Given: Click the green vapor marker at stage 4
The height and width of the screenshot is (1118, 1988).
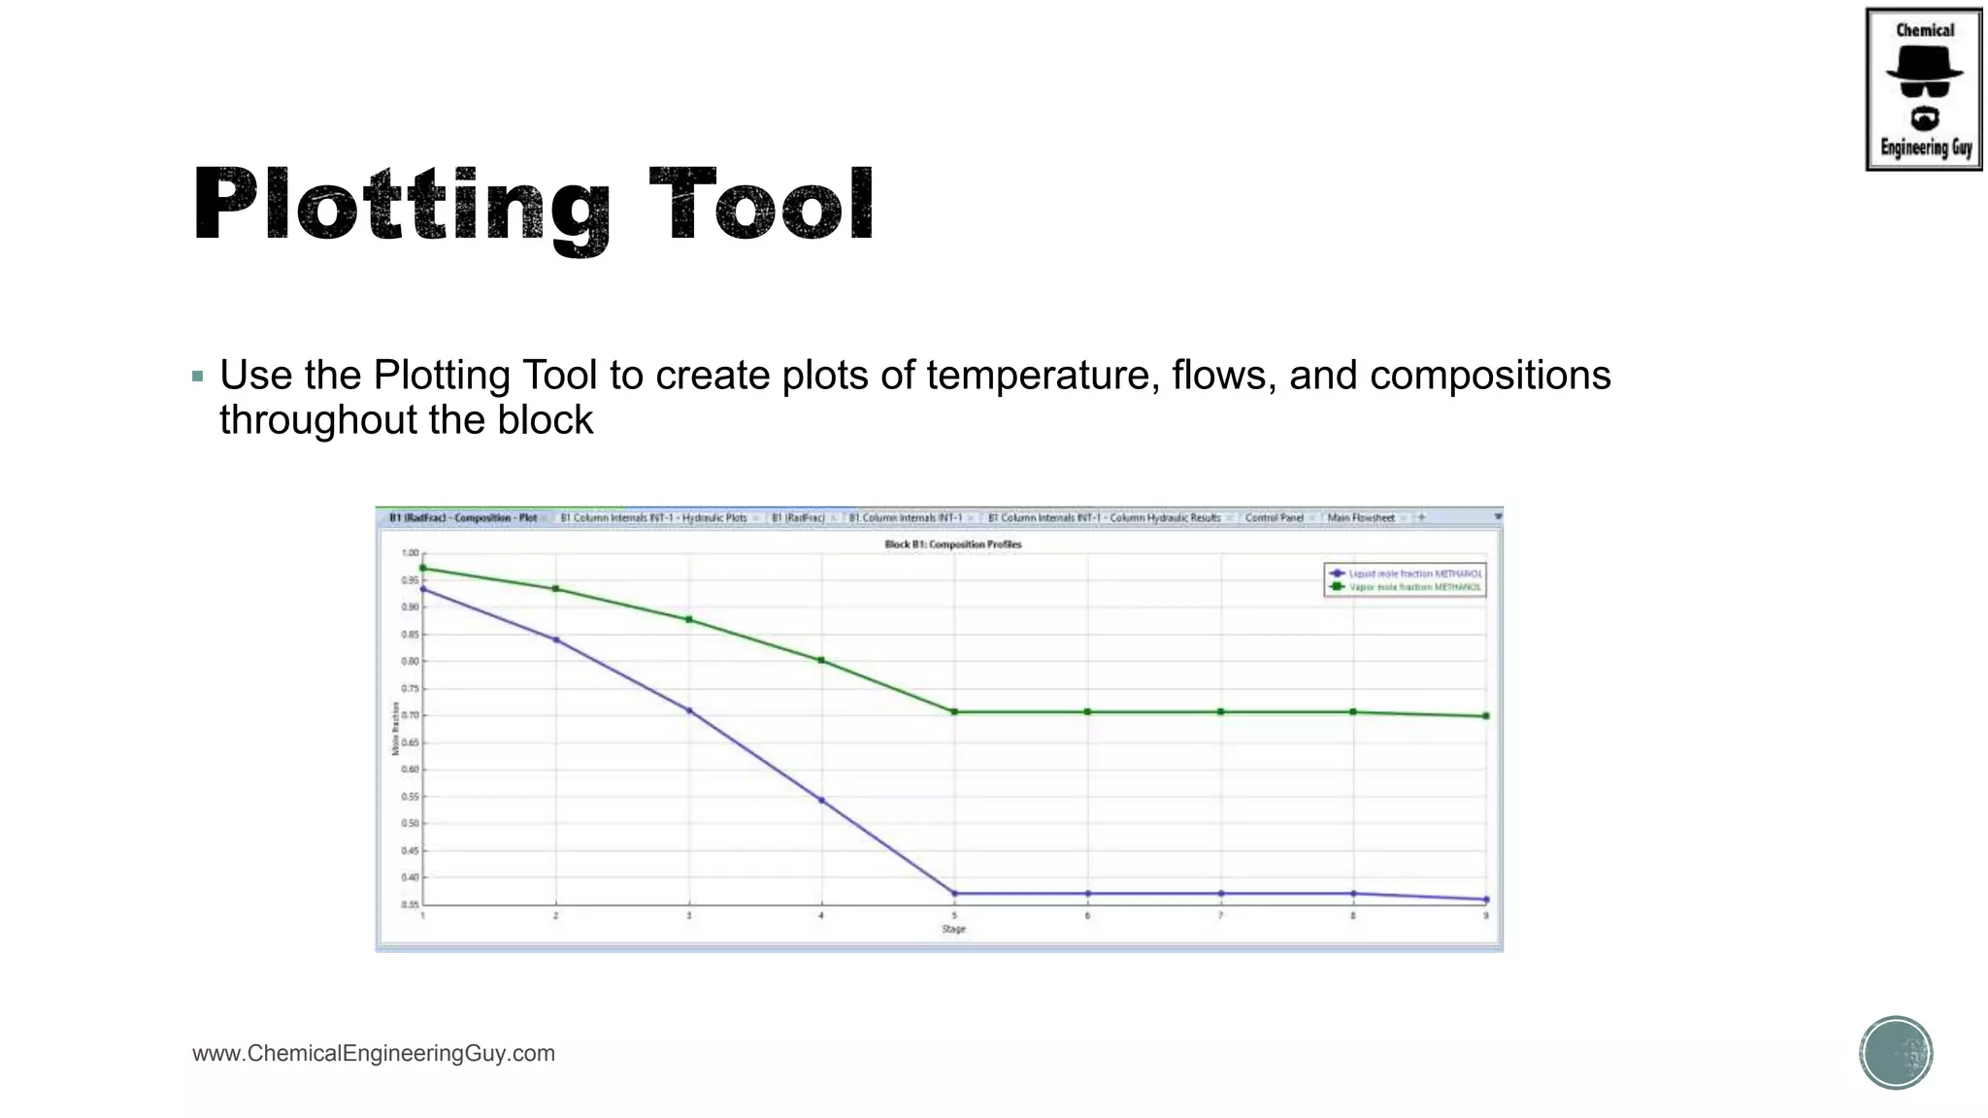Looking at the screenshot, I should [821, 660].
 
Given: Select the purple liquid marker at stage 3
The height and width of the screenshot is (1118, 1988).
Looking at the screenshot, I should [689, 710].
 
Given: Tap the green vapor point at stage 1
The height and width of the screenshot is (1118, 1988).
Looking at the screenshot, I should [422, 568].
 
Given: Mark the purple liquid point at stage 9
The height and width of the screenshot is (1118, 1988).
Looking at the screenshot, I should [1486, 900].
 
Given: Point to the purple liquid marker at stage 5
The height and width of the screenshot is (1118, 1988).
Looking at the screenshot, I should [954, 894].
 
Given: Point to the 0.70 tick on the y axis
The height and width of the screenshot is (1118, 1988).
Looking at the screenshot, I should [412, 715].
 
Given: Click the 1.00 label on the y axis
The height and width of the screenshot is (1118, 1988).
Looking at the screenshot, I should [411, 553].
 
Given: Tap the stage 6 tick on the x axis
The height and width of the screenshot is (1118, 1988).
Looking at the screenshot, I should [1087, 915].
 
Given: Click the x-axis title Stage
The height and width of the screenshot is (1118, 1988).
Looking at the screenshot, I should [953, 929].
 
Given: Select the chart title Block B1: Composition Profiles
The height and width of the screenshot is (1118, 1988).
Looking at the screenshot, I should [952, 544].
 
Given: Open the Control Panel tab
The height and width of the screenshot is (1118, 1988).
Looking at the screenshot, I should [1274, 518].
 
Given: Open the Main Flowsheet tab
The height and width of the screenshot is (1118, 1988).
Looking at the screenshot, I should [1360, 518].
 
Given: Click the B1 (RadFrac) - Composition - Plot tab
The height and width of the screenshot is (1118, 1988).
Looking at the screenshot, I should [463, 518].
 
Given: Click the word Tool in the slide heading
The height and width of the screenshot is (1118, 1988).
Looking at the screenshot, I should [762, 205].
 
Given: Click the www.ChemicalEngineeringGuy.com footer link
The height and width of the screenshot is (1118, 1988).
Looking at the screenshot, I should [374, 1053].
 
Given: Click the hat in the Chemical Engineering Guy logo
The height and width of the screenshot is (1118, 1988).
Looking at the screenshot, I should [1924, 64].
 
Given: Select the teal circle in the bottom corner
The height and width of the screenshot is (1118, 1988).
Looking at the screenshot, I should [1896, 1053].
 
